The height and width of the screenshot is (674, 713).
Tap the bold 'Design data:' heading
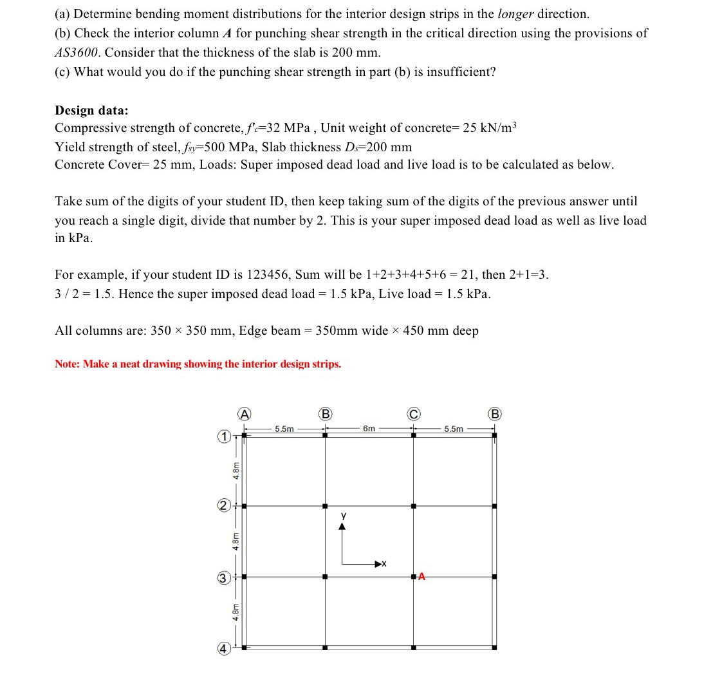(91, 110)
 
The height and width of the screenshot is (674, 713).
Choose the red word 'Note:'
(68, 364)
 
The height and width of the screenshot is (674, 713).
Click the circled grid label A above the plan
(244, 413)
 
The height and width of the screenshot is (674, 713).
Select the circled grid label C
(413, 413)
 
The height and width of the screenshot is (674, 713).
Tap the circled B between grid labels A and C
(326, 413)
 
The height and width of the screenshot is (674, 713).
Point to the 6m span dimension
(369, 429)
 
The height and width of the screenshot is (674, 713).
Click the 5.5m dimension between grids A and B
(284, 429)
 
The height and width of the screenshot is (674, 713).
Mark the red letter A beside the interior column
(421, 576)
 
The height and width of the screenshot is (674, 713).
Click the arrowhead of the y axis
(342, 526)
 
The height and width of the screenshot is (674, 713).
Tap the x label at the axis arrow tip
(384, 564)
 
